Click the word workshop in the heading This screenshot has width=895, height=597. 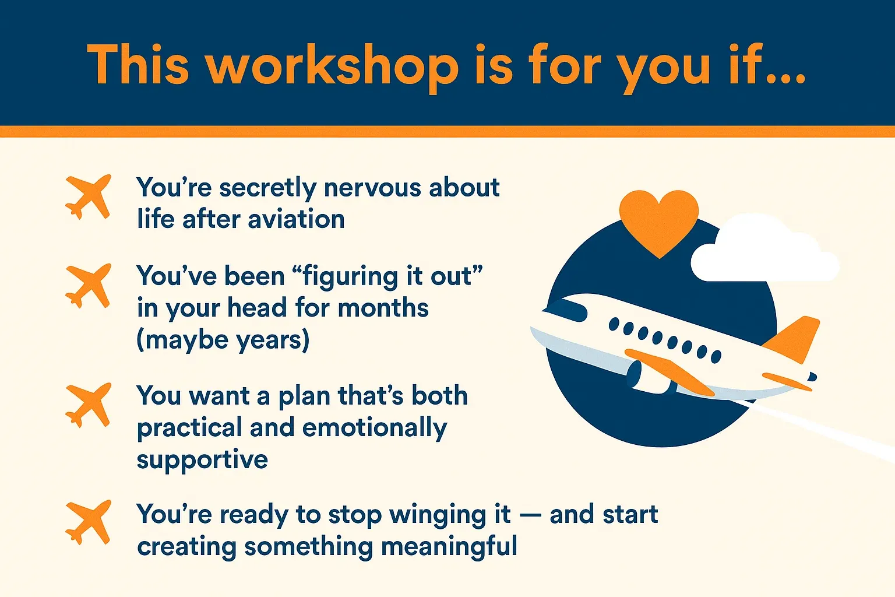[333, 66]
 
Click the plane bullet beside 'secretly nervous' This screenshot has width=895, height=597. [89, 196]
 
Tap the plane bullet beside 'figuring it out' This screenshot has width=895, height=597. [89, 286]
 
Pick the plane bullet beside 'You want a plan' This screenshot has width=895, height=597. [89, 405]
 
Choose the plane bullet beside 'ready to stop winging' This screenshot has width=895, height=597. [89, 522]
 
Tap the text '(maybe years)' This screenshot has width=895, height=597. [223, 340]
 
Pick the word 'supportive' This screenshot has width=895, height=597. [202, 460]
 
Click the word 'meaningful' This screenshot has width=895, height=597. [449, 547]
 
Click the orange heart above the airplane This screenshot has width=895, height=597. [659, 222]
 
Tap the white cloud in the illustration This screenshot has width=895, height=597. [764, 251]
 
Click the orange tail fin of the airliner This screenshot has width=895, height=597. [795, 339]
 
